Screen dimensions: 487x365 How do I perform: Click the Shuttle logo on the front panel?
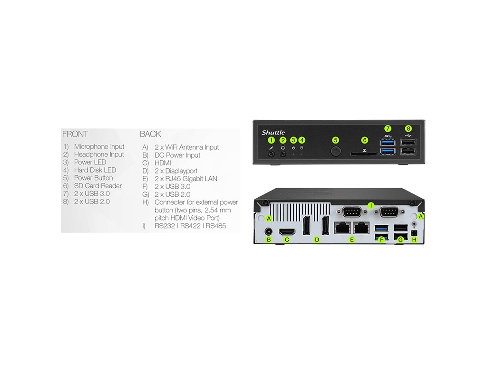coord(273,133)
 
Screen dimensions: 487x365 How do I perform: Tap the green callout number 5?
coord(336,140)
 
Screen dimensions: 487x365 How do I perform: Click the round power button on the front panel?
coord(336,151)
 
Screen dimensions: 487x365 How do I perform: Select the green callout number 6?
coord(365,140)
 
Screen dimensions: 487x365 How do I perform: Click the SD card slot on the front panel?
coord(364,154)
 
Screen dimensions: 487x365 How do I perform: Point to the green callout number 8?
coord(408,128)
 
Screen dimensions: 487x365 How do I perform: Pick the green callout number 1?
coord(272,140)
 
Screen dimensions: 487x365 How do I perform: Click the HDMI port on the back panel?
coord(286,231)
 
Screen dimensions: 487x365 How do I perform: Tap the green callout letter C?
coord(287,240)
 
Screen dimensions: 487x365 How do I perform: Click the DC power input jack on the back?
coord(269,231)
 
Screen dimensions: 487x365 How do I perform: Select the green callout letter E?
coord(352,240)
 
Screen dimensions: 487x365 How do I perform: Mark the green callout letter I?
coord(371,206)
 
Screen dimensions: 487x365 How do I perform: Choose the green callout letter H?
coord(414,240)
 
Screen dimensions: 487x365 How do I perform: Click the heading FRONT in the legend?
coord(75,134)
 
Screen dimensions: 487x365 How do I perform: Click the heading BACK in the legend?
coord(150,134)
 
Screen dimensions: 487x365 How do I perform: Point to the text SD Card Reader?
coord(97,186)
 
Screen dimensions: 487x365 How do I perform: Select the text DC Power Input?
coord(177,155)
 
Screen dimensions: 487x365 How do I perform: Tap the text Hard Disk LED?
coord(95,170)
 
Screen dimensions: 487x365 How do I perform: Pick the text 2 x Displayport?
coord(176,171)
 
